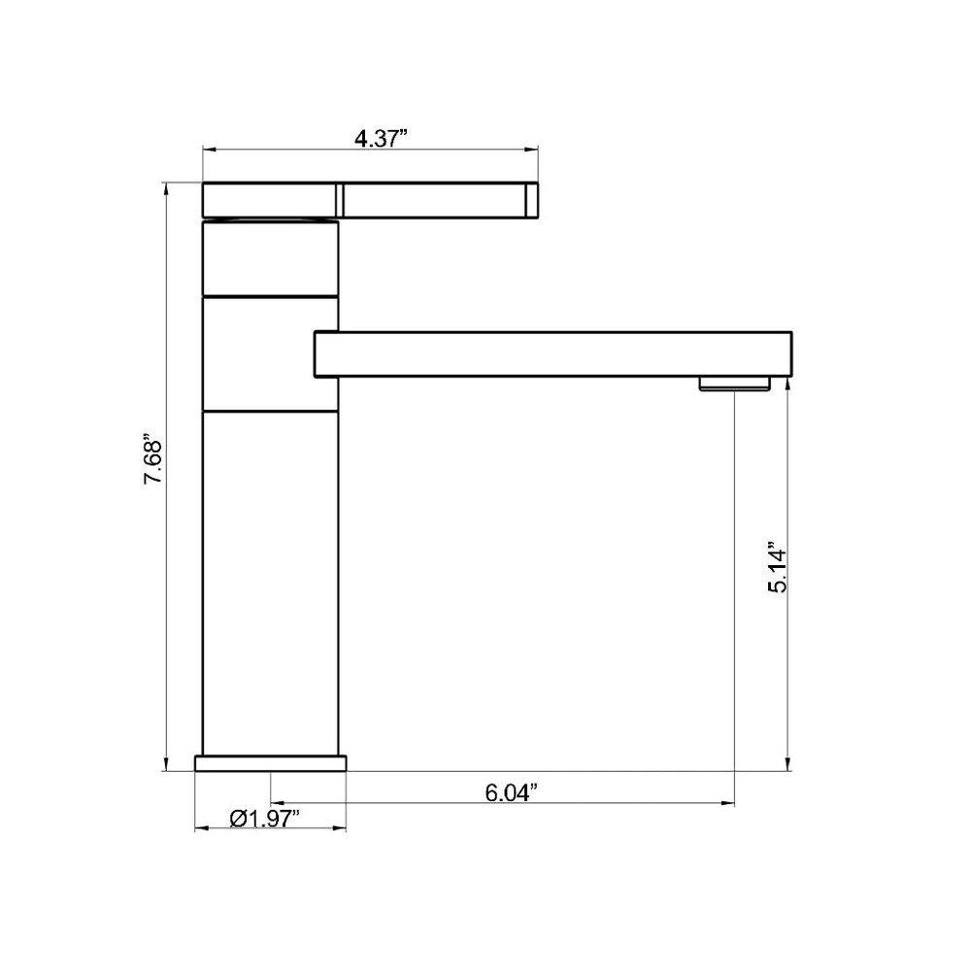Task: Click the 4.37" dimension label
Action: [381, 138]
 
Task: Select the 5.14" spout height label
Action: [777, 568]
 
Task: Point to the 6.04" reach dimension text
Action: [511, 792]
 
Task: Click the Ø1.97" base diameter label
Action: [265, 819]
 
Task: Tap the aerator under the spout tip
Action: [734, 384]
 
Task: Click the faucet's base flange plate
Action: [271, 763]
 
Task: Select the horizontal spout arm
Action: [553, 354]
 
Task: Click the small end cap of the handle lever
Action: [532, 200]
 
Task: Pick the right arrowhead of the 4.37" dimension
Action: [531, 150]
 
